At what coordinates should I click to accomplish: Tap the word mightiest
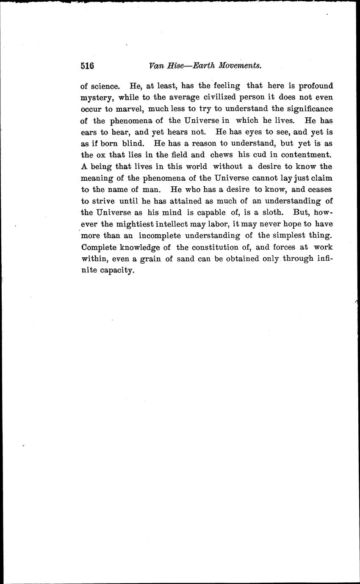pyautogui.click(x=136, y=223)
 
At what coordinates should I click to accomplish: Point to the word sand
pyautogui.click(x=184, y=258)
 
